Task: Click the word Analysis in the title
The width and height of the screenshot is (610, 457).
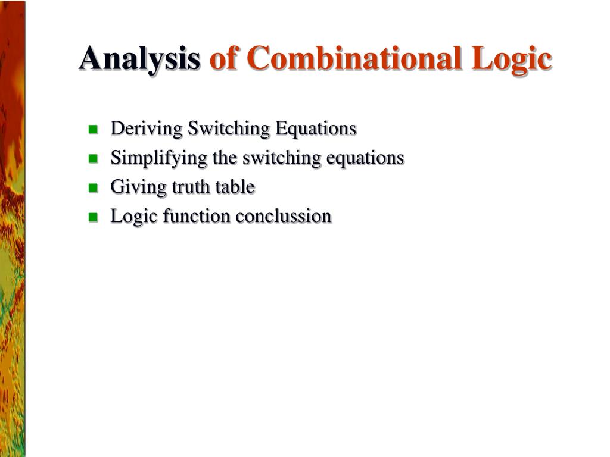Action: [x=139, y=59]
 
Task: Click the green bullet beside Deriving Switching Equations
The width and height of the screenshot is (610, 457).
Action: [x=93, y=129]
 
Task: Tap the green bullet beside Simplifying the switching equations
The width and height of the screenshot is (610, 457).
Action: [x=93, y=159]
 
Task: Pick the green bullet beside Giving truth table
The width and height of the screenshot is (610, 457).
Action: [x=93, y=188]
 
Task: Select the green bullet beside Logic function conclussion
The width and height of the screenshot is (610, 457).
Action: [x=93, y=217]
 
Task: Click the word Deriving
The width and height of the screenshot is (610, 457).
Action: [x=147, y=129]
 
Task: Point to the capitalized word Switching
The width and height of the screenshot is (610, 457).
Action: [x=228, y=129]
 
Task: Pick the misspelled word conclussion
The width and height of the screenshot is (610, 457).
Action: [x=283, y=217]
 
